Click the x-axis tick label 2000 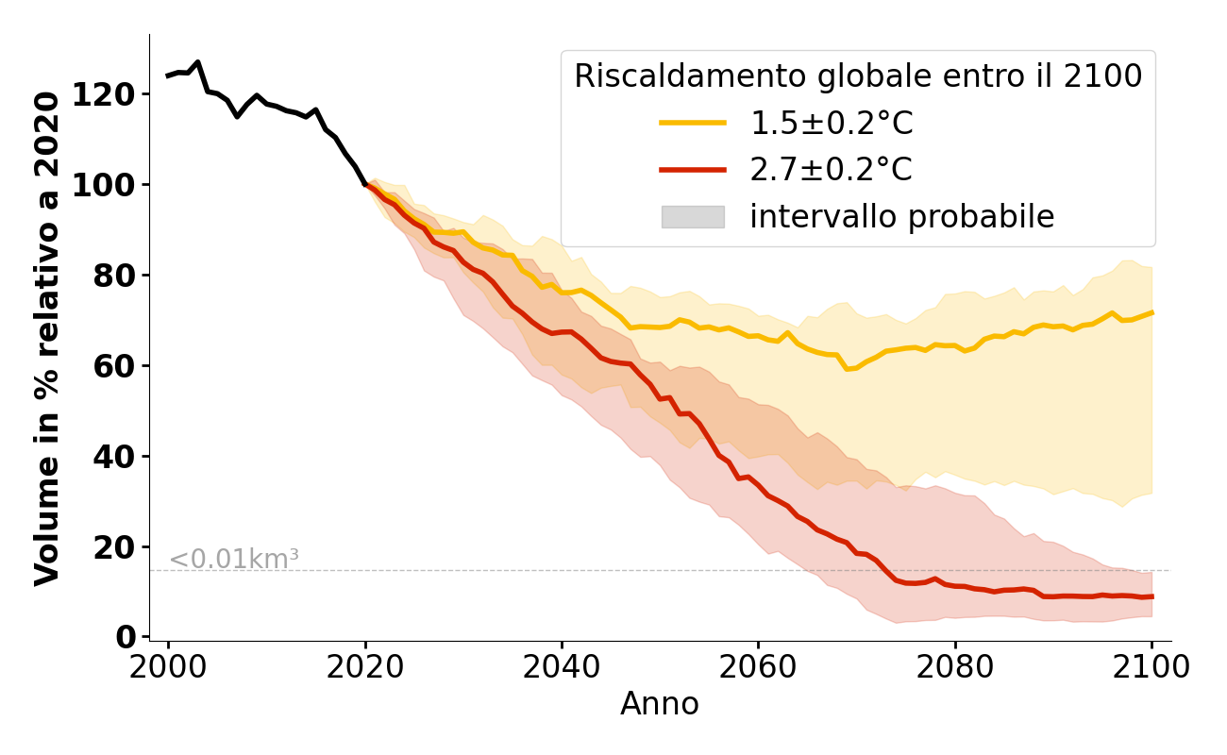click(168, 667)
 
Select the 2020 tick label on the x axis click(364, 667)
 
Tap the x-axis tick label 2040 click(561, 667)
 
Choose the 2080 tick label click(954, 667)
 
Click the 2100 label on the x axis click(1151, 667)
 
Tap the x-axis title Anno click(660, 704)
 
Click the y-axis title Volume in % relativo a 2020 click(48, 338)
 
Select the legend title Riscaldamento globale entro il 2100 click(858, 76)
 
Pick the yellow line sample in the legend click(692, 123)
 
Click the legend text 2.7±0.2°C click(831, 170)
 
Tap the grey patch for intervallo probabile click(692, 217)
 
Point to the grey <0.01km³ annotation click(233, 560)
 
